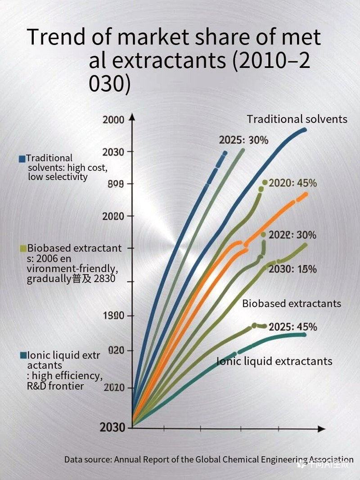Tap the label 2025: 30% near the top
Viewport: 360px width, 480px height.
point(243,140)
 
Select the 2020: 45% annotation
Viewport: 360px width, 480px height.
point(292,183)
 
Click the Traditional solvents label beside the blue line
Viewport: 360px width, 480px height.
point(297,119)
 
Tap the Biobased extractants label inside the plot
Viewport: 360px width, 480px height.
point(292,303)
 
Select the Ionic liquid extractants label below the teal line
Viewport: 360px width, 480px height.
point(274,361)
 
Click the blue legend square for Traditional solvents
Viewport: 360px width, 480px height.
point(22,159)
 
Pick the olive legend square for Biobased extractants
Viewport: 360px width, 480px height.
point(22,248)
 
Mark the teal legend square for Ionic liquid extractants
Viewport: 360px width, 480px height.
point(23,355)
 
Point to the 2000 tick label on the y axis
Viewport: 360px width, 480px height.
point(113,120)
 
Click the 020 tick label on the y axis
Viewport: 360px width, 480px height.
point(116,350)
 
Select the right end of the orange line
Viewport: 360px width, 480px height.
point(306,194)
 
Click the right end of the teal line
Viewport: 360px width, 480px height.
point(305,334)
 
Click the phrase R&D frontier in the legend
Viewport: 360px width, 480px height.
point(55,386)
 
